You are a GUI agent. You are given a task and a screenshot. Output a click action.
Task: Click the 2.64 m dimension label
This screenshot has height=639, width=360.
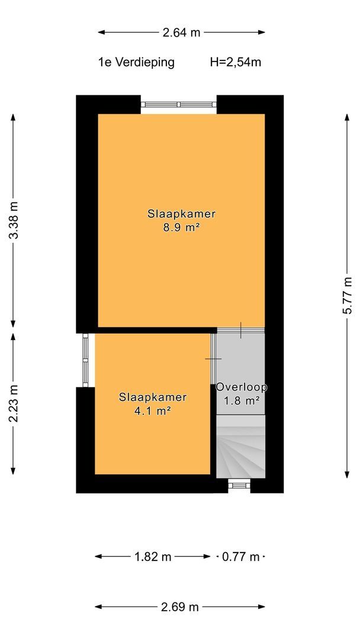(x=181, y=33)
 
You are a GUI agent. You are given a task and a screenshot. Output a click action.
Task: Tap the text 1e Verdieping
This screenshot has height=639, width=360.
(x=136, y=62)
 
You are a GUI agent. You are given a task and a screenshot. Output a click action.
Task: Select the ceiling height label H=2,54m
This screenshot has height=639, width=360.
(x=235, y=62)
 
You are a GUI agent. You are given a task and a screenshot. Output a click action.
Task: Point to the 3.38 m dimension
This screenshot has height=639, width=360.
(x=14, y=221)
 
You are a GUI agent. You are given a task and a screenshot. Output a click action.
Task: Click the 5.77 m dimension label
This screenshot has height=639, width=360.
(x=348, y=295)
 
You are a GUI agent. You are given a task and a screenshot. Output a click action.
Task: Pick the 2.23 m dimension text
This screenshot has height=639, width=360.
(x=14, y=404)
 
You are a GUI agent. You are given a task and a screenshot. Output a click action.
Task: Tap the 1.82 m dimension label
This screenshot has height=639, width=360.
(x=153, y=557)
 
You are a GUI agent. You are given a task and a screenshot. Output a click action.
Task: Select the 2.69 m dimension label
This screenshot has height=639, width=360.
(x=180, y=607)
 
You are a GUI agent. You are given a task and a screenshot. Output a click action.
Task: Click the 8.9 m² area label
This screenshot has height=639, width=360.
(x=181, y=227)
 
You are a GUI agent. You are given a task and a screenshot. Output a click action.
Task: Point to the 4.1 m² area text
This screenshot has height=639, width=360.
(x=152, y=411)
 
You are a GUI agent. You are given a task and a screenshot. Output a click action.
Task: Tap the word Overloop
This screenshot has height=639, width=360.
(x=242, y=387)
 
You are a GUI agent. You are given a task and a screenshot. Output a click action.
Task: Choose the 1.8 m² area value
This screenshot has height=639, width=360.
(x=242, y=401)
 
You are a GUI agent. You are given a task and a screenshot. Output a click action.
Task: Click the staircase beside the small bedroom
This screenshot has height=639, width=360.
(x=240, y=446)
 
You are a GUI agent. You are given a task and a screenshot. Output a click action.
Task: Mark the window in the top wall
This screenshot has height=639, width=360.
(x=179, y=105)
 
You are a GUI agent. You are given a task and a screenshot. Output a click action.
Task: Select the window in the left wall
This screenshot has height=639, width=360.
(x=85, y=360)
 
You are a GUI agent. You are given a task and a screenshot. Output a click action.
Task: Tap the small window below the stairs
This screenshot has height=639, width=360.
(x=239, y=485)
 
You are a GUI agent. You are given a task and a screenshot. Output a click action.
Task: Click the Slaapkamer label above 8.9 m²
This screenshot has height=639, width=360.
(x=181, y=214)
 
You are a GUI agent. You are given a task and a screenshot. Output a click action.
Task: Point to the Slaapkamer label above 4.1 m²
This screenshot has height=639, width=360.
(x=153, y=397)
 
